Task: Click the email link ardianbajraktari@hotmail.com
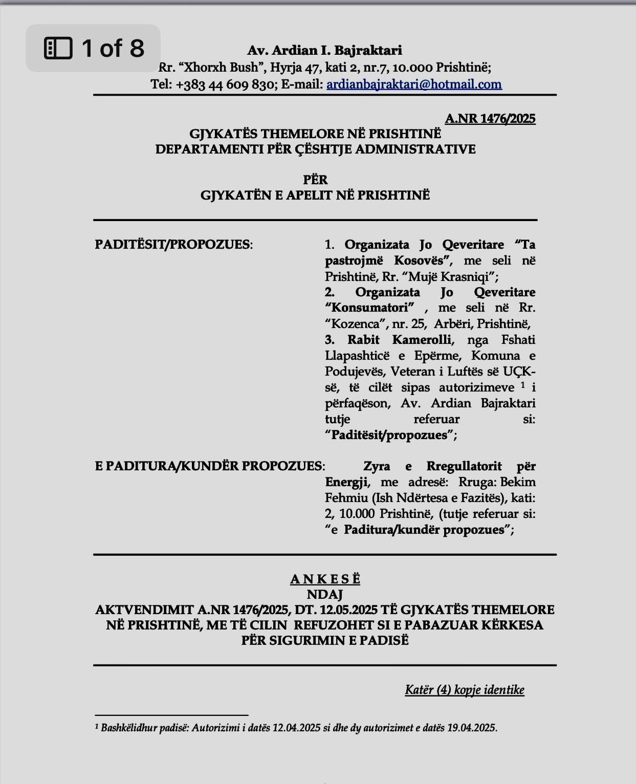(x=414, y=84)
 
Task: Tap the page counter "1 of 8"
(x=113, y=48)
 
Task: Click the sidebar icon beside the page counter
(x=58, y=48)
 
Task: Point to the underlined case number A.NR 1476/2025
(x=490, y=119)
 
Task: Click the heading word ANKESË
(x=325, y=579)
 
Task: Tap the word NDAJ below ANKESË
(x=325, y=594)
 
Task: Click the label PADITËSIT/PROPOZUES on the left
(x=173, y=244)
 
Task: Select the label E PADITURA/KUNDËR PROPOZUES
(x=209, y=466)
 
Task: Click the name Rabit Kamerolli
(x=399, y=340)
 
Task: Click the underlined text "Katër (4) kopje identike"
(x=465, y=690)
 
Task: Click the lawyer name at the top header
(x=324, y=50)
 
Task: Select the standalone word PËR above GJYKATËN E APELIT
(x=315, y=180)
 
